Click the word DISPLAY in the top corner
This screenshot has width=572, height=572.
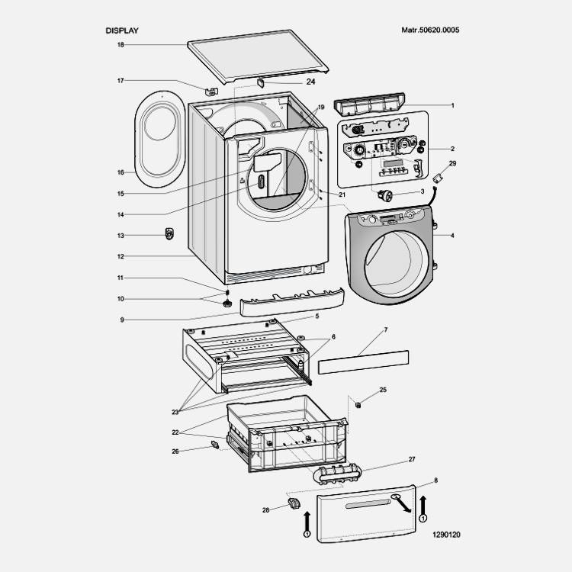point(122,31)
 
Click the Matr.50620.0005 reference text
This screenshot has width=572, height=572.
point(430,31)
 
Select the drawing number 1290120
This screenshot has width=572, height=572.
point(445,535)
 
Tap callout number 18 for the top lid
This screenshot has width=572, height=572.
point(121,45)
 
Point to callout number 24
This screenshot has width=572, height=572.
point(289,82)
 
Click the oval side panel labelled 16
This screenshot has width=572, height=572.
point(160,141)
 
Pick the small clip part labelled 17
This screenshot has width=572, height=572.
point(211,92)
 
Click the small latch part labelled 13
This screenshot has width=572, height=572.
point(169,233)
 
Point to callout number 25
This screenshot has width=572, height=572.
point(383,390)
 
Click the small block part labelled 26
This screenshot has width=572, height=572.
point(216,443)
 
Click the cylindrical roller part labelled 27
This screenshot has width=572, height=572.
point(336,474)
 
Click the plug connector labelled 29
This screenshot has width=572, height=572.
point(439,179)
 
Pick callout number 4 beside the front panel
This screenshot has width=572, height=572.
point(452,236)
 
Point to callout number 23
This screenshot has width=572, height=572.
point(175,412)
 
